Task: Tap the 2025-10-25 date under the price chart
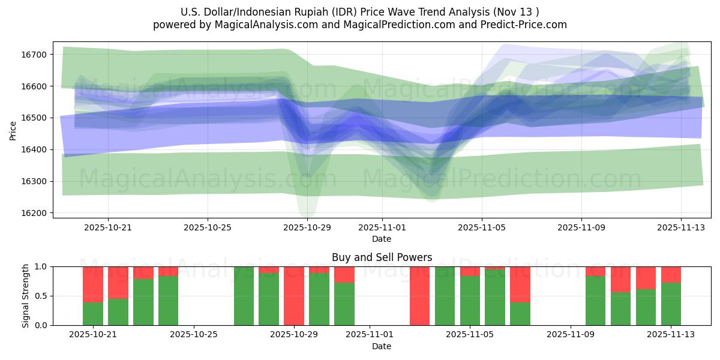pyautogui.click(x=208, y=227)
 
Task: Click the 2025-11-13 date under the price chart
pyautogui.click(x=680, y=227)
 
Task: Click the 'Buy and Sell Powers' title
pyautogui.click(x=382, y=257)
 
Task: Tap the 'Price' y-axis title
pyautogui.click(x=13, y=130)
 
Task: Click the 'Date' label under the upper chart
pyautogui.click(x=382, y=239)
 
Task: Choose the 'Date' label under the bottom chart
pyautogui.click(x=382, y=346)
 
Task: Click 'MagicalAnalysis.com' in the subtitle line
pyautogui.click(x=266, y=25)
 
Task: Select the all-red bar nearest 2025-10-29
pyautogui.click(x=294, y=296)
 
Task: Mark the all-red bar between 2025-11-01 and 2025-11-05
pyautogui.click(x=419, y=296)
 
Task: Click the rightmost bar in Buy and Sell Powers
pyautogui.click(x=671, y=296)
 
